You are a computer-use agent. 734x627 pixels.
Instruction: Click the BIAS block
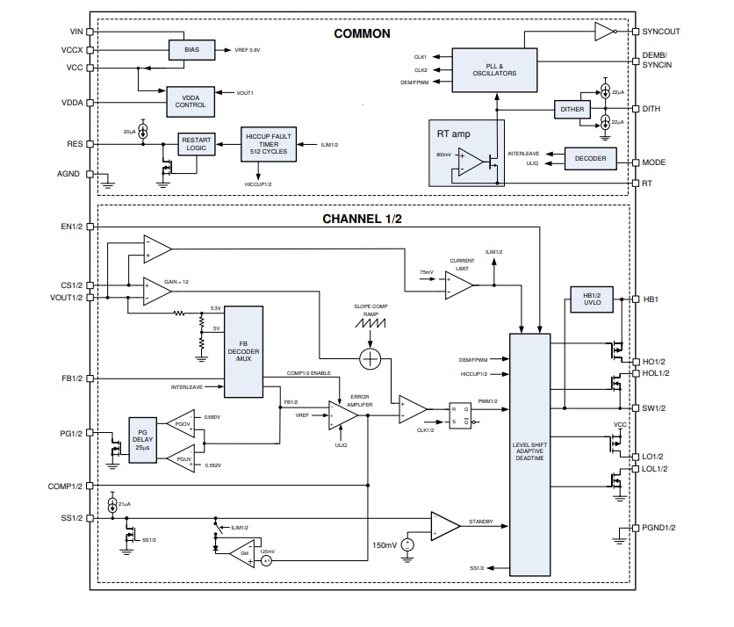[191, 51]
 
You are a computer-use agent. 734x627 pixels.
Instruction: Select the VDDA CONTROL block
[191, 101]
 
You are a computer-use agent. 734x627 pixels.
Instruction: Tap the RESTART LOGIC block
[196, 144]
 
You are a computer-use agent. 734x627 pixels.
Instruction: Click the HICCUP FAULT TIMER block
[269, 145]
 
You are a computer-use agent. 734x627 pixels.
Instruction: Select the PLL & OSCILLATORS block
[494, 69]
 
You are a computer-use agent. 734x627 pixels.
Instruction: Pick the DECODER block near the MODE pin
[590, 159]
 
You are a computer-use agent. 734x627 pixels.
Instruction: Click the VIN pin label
[76, 32]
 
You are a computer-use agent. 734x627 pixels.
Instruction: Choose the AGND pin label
[72, 174]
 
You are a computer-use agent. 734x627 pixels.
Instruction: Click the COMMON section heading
[362, 34]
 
